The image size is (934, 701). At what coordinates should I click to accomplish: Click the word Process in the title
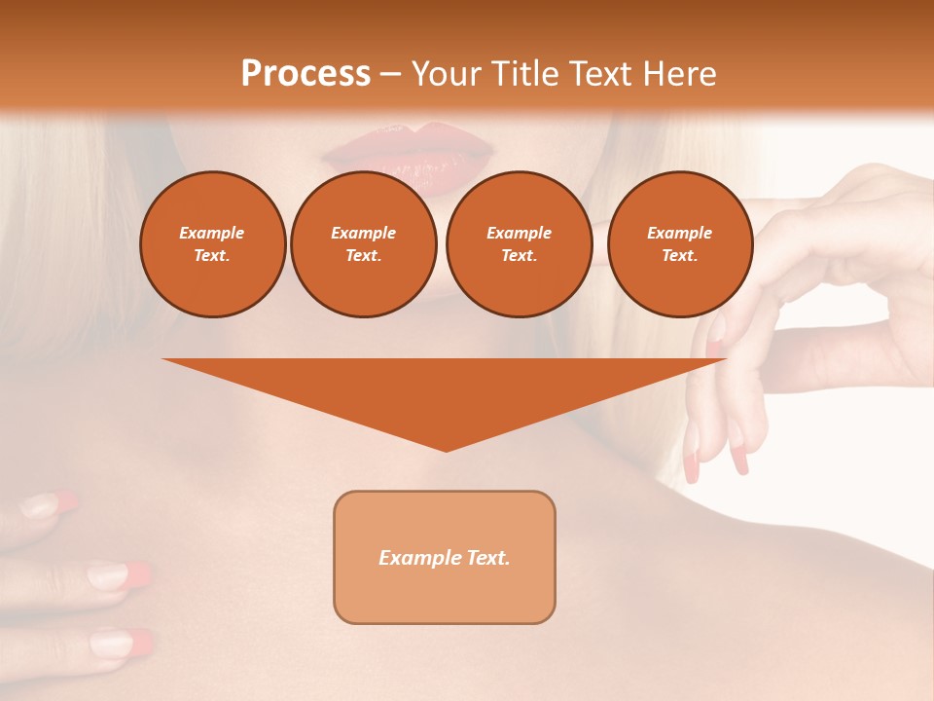coord(305,74)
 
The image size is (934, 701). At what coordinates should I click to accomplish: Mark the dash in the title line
coord(391,75)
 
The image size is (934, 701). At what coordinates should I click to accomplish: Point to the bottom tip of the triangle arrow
coord(446,449)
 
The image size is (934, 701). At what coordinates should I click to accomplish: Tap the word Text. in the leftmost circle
coord(212,255)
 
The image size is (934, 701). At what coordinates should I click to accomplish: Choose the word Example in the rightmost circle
coord(679,233)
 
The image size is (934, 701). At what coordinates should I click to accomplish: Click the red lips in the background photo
coord(410,152)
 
